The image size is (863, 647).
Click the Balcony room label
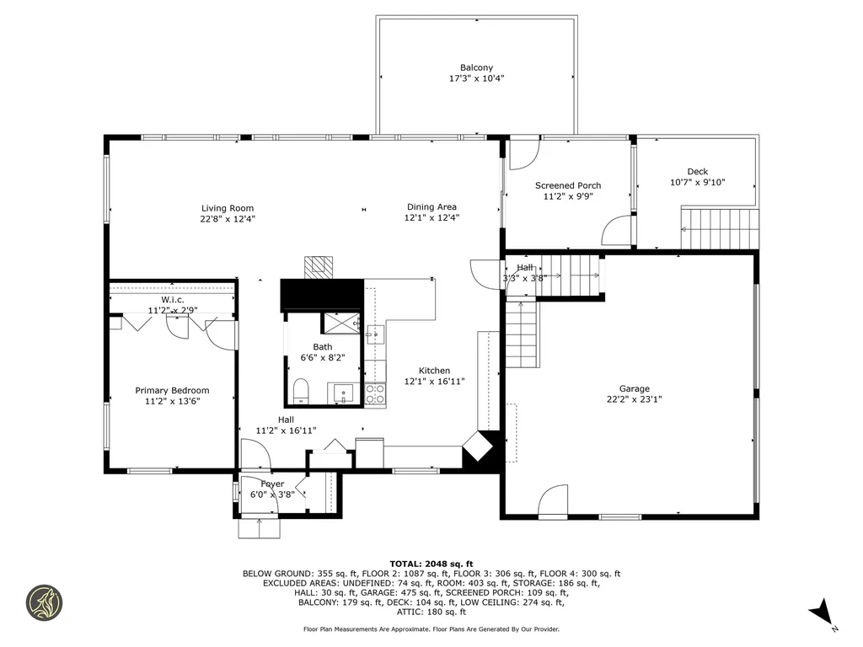pos(476,67)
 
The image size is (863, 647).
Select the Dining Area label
pos(431,206)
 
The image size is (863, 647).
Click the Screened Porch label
pos(568,185)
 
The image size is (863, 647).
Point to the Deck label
pos(697,171)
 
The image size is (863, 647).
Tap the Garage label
pos(635,388)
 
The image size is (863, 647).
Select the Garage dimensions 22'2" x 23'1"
pos(635,399)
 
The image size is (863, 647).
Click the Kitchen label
pos(435,370)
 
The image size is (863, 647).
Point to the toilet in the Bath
pos(300,391)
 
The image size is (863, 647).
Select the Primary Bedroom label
pos(172,390)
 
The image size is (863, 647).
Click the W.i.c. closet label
pos(172,299)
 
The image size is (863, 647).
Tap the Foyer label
pos(272,484)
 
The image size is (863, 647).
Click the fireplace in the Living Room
pos(319,265)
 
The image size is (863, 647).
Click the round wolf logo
pos(45,603)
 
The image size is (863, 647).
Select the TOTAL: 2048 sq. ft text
pos(431,564)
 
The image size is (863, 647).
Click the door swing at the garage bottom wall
pos(553,500)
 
